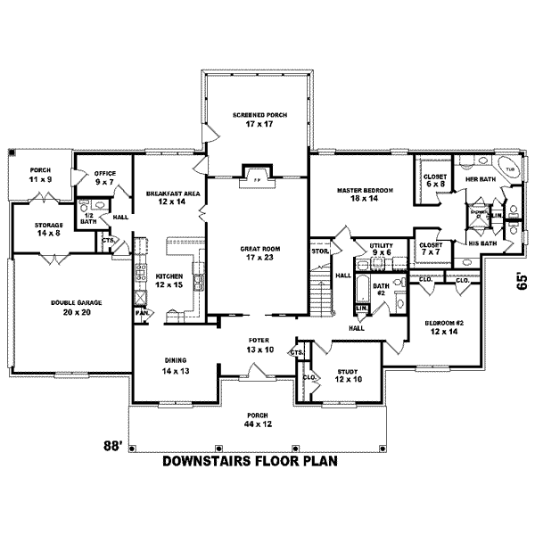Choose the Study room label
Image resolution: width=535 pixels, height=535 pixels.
pyautogui.click(x=348, y=374)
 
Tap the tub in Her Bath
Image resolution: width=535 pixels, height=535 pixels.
pyautogui.click(x=510, y=170)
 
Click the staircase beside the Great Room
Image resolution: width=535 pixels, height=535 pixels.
pyautogui.click(x=318, y=295)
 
